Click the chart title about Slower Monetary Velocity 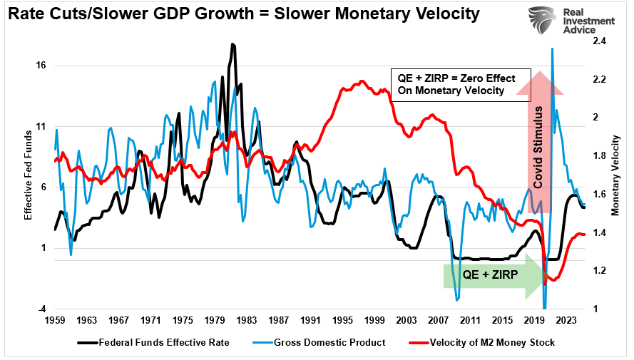point(242,14)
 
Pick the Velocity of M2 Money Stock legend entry point(484,342)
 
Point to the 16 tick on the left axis point(41,66)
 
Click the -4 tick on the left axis point(42,309)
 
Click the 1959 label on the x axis point(55,321)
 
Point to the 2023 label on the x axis point(566,321)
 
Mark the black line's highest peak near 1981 point(232,44)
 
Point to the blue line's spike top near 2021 point(553,48)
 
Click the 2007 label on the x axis point(439,321)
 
